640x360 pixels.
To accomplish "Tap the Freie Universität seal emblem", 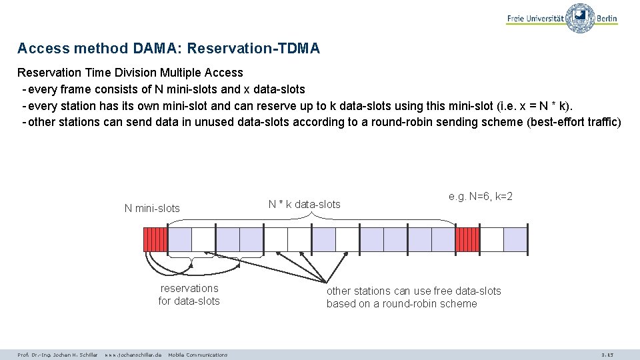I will [580, 17].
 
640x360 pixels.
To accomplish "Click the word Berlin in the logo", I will [607, 19].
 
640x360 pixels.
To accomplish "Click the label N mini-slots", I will [152, 208].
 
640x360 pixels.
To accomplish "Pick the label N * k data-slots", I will [304, 204].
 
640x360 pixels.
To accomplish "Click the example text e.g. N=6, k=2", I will [481, 197].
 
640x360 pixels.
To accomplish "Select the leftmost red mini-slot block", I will [155, 239].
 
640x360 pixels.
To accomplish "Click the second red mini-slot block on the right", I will [467, 239].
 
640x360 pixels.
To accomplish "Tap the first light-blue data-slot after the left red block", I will [179, 239].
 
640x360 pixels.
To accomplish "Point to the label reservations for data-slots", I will [189, 295].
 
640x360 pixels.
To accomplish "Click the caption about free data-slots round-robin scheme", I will [413, 297].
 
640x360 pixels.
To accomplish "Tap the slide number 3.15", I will [607, 355].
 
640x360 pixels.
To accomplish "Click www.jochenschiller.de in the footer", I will [133, 355].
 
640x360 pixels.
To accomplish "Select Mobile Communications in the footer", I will [197, 355].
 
